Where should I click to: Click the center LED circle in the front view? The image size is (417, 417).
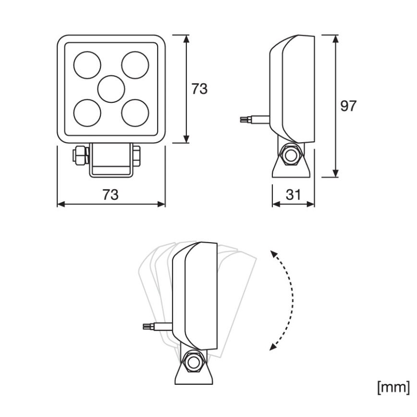pyautogui.click(x=111, y=88)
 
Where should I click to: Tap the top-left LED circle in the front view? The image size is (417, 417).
pyautogui.click(x=87, y=64)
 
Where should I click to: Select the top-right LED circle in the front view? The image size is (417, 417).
pyautogui.click(x=135, y=64)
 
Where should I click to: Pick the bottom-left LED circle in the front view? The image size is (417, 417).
pyautogui.click(x=87, y=113)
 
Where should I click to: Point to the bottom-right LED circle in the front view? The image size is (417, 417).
pyautogui.click(x=135, y=113)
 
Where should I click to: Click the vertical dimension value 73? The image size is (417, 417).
pyautogui.click(x=200, y=89)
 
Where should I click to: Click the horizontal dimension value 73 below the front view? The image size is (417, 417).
pyautogui.click(x=110, y=195)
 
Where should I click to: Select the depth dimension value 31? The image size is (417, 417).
pyautogui.click(x=294, y=195)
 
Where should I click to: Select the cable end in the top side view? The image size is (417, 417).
pyautogui.click(x=245, y=120)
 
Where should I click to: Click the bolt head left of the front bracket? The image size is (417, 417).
pyautogui.click(x=79, y=155)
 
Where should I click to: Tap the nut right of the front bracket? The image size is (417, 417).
pyautogui.click(x=136, y=155)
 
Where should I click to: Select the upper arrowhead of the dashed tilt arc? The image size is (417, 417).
pyautogui.click(x=272, y=253)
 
